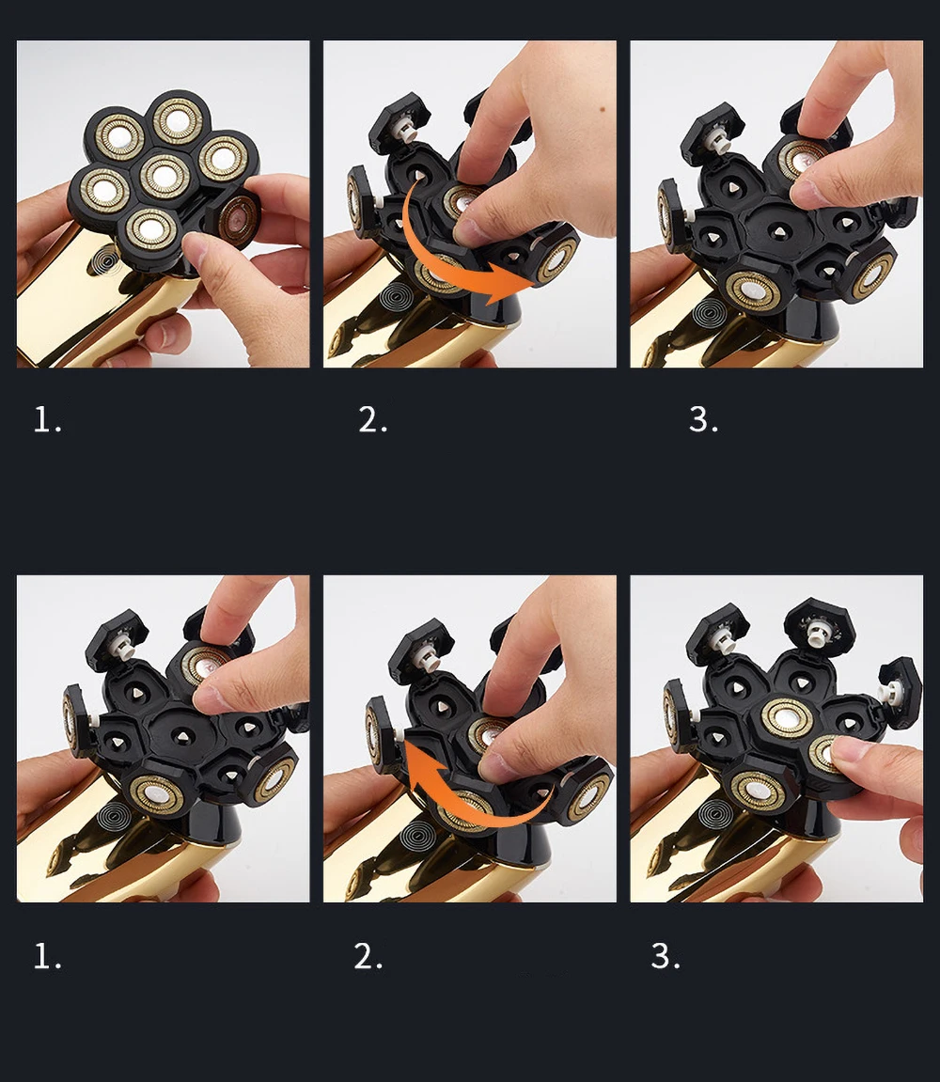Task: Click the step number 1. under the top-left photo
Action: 48,419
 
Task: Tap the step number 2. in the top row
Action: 372,419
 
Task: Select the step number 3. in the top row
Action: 703,419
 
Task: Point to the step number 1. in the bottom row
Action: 48,956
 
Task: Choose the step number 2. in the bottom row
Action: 368,956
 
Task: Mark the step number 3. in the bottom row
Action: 666,956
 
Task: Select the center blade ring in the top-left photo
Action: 164,175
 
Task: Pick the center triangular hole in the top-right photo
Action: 778,230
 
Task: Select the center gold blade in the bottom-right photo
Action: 786,717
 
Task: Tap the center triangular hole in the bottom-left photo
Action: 181,737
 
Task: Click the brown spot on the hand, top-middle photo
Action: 603,108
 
